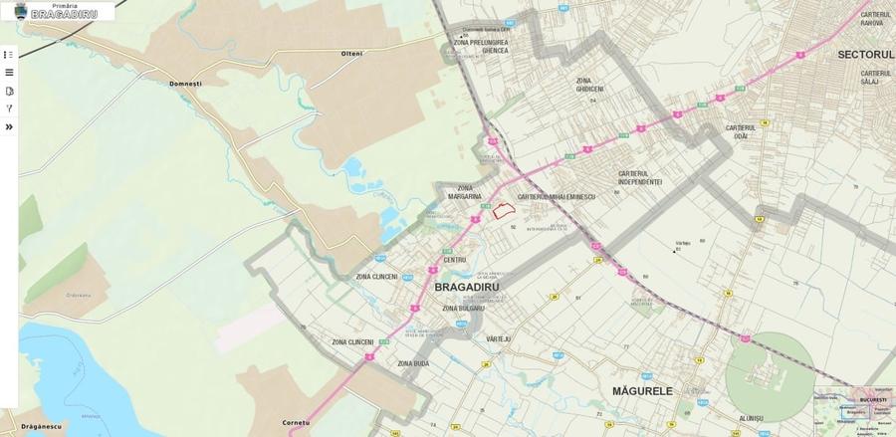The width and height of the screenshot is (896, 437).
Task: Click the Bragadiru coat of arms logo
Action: coord(20,11)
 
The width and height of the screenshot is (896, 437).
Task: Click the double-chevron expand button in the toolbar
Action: coord(9,126)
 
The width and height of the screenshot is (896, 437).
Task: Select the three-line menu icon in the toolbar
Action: coord(9,73)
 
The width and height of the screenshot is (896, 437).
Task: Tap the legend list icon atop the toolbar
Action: coord(9,55)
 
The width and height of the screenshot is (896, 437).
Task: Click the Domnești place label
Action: coord(185,84)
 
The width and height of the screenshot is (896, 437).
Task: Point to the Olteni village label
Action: coord(352,53)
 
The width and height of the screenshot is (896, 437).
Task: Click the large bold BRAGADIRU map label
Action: coord(466,287)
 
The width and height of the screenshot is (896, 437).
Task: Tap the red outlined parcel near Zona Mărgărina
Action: coord(503,211)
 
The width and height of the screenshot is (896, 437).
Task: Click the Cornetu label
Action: coord(297,422)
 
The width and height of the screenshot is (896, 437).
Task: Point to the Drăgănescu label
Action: coord(41,426)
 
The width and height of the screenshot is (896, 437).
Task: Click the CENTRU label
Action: coord(455,260)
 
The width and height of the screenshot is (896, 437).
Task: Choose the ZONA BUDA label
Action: coord(413,363)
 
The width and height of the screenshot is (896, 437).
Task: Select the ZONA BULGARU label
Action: coord(463,309)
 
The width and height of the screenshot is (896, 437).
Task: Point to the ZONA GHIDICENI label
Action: coord(589,85)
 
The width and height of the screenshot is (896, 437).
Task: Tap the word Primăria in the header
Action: coord(65,5)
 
